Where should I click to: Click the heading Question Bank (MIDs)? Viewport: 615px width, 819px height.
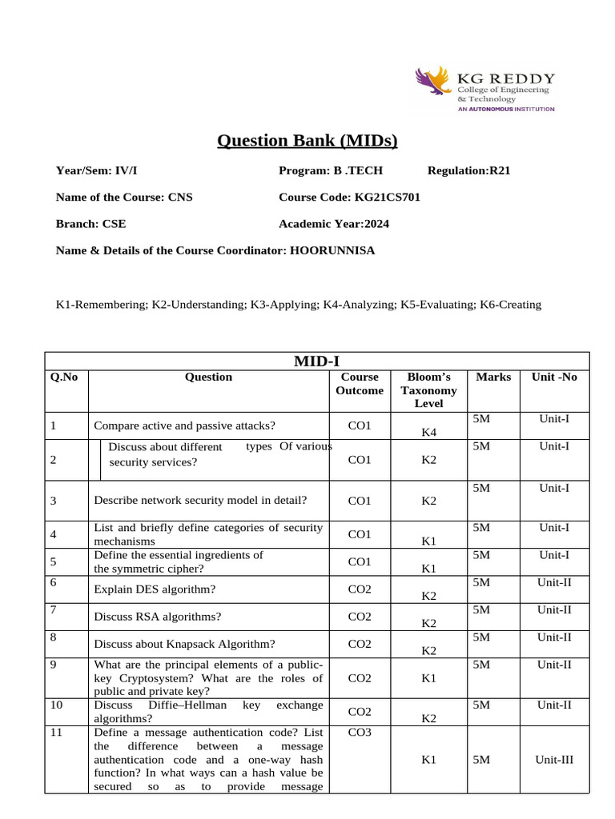click(x=307, y=142)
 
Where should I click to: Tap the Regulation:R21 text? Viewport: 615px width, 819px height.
click(x=468, y=170)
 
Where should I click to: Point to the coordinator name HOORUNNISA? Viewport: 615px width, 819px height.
click(x=332, y=250)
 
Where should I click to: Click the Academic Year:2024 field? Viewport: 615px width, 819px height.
click(x=334, y=224)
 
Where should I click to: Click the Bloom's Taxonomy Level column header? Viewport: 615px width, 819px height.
click(x=428, y=390)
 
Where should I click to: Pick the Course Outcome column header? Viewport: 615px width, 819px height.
click(x=360, y=384)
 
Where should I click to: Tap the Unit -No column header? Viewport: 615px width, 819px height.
click(x=554, y=377)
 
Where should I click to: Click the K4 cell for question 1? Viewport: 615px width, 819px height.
click(x=428, y=433)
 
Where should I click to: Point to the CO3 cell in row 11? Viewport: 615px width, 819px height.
click(x=360, y=732)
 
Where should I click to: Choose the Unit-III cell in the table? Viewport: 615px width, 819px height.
click(x=554, y=761)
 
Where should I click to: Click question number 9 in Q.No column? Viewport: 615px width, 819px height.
click(x=53, y=664)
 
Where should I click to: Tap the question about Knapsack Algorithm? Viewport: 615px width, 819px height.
click(x=185, y=643)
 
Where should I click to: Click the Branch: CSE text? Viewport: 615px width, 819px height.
click(x=90, y=224)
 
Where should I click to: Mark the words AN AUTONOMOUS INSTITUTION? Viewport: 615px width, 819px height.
click(x=505, y=109)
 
